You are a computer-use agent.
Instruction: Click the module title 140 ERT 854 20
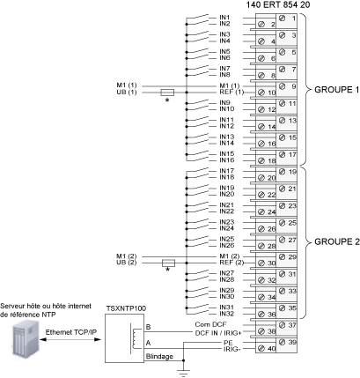coord(277,5)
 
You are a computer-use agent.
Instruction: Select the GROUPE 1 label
coord(336,90)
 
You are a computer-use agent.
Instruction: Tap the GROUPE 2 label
coord(336,241)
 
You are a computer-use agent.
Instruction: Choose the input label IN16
coord(227,160)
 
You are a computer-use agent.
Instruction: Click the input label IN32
coord(227,314)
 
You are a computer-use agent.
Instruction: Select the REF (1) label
coord(231,93)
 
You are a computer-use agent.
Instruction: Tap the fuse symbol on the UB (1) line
coord(167,93)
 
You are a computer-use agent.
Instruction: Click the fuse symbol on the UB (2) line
coord(168,263)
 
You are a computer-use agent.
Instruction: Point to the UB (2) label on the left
coord(127,263)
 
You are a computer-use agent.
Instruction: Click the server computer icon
coord(26,338)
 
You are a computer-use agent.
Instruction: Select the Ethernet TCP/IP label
coord(71,332)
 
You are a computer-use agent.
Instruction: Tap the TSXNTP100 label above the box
coord(126,308)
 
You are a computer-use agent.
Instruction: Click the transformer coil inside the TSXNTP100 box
coord(135,338)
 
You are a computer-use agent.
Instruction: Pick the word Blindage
coord(159,357)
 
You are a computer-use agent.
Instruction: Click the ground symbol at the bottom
coord(183,373)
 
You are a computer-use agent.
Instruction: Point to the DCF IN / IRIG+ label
coord(218,333)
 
